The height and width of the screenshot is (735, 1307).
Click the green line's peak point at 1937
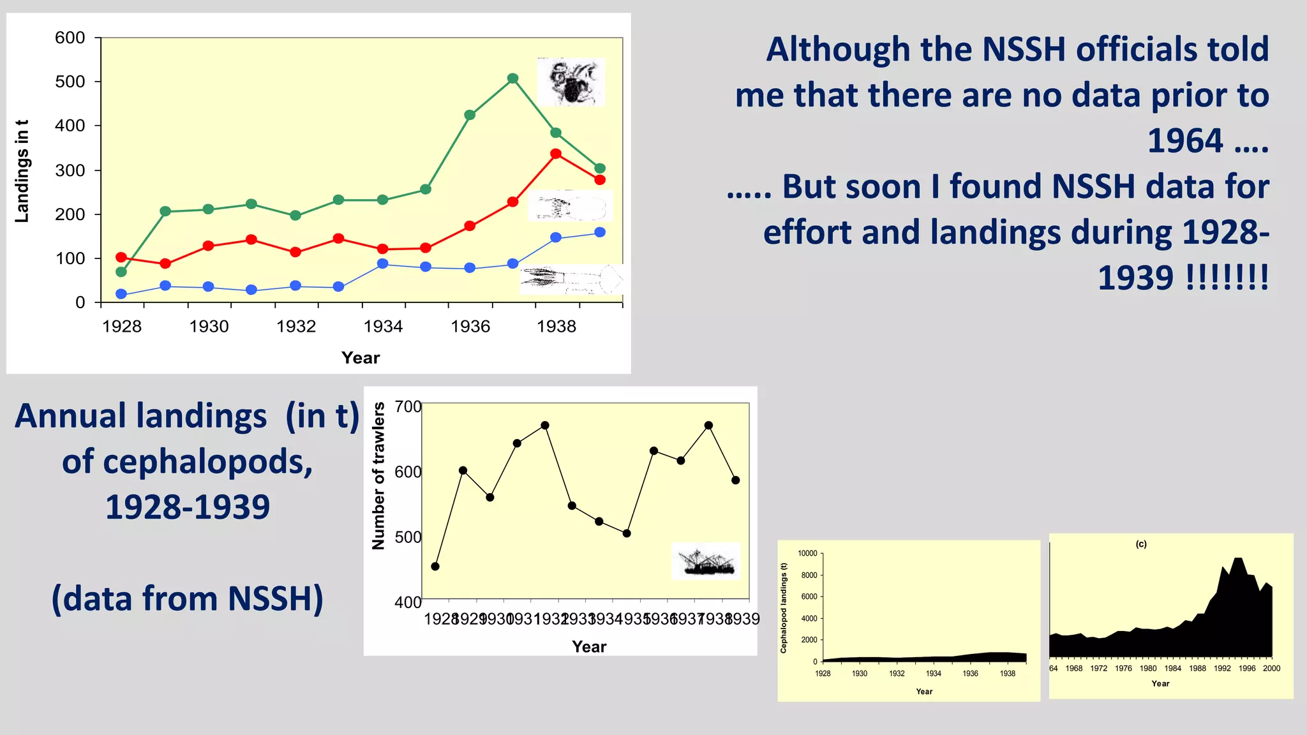(512, 78)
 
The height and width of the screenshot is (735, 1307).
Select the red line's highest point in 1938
(556, 154)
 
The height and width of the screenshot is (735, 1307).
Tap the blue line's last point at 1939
(600, 232)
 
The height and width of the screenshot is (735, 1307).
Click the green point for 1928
(121, 272)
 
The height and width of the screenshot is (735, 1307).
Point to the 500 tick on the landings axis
(70, 82)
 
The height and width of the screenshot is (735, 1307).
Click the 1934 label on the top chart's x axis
(383, 327)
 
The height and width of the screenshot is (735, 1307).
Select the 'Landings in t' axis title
(22, 171)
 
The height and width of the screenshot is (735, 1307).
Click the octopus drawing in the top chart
(571, 82)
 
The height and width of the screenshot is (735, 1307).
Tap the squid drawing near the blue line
(571, 279)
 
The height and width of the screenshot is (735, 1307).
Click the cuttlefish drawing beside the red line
(570, 206)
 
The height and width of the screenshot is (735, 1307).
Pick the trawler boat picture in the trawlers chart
(705, 561)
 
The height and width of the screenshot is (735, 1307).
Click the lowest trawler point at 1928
(435, 567)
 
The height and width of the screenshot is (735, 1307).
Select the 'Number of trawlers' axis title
(378, 476)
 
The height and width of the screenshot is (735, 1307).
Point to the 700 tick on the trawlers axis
(408, 406)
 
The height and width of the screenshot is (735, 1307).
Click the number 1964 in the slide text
(1185, 140)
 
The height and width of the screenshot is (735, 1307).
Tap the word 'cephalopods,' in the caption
(188, 461)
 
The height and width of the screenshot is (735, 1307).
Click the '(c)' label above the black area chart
(1141, 544)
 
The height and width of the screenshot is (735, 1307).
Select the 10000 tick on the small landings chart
(807, 553)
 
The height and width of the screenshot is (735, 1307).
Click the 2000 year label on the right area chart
(1271, 669)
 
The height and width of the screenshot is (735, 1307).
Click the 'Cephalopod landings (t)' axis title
(784, 608)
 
